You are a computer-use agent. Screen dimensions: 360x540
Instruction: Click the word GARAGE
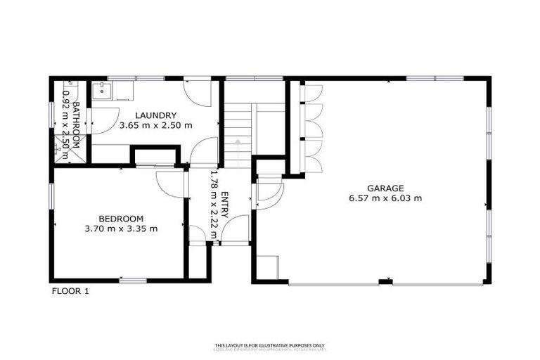(x=385, y=188)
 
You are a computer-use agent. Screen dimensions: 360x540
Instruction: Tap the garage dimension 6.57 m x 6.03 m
(x=385, y=198)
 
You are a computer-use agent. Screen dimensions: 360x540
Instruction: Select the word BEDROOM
(x=120, y=218)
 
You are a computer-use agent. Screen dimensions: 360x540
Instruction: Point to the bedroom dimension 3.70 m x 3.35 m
(x=120, y=229)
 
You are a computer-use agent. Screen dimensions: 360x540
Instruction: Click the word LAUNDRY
(x=155, y=115)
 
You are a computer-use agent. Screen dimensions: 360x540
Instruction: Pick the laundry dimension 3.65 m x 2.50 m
(x=155, y=126)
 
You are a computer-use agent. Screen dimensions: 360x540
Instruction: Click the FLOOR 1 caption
(x=70, y=290)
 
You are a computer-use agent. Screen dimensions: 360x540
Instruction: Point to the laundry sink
(x=102, y=90)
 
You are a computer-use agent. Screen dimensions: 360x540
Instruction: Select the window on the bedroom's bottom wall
(x=132, y=281)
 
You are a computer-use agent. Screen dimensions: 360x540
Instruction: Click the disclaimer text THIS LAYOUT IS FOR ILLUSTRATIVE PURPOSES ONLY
(x=270, y=345)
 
